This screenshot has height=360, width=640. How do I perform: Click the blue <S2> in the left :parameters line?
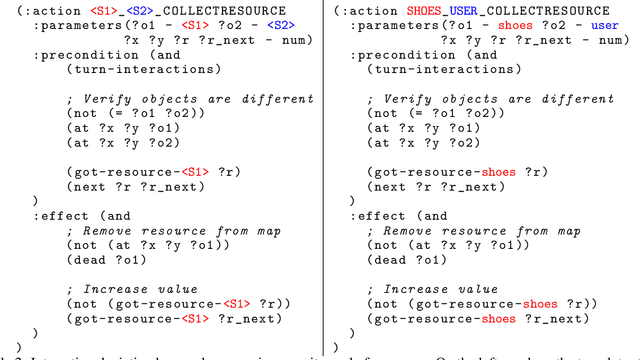tap(283, 25)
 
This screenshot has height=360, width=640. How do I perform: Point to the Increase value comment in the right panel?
tap(434, 289)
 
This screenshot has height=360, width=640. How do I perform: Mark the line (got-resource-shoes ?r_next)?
tap(471, 319)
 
